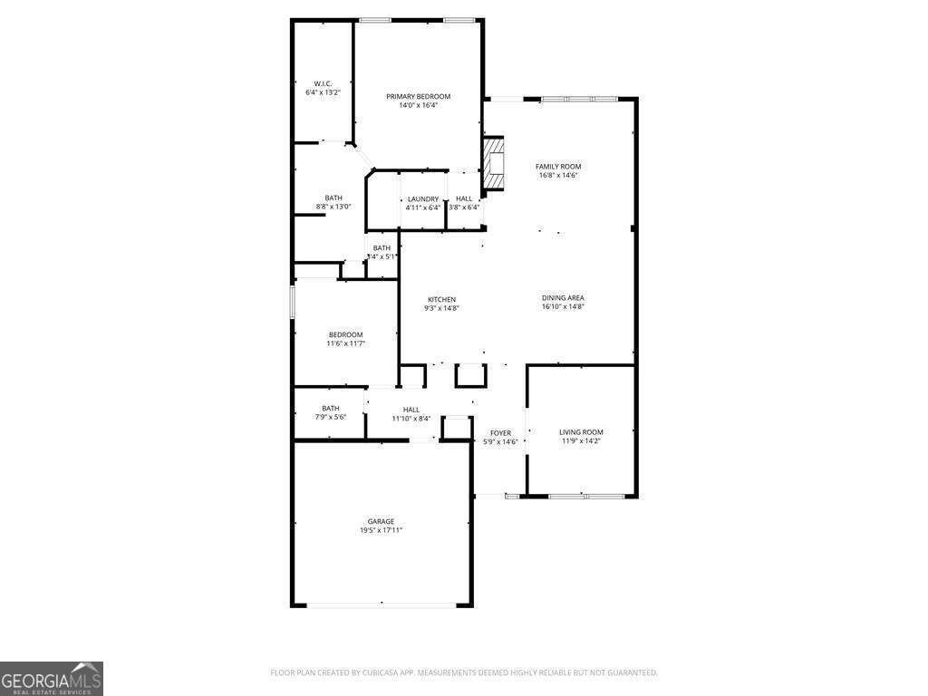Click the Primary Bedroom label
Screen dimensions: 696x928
point(418,96)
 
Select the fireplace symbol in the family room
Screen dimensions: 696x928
point(493,163)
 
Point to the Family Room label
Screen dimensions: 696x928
point(558,167)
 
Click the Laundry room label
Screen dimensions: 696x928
point(423,199)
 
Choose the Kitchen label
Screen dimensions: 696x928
point(442,299)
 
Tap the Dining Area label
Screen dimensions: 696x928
point(563,298)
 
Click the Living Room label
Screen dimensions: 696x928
point(581,432)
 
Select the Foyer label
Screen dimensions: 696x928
point(500,433)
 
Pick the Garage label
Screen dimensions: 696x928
point(381,521)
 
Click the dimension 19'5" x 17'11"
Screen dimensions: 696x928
point(381,530)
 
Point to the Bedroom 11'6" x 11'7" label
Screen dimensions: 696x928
point(345,334)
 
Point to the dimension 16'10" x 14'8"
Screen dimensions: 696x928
point(563,307)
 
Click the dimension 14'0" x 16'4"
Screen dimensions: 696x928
point(418,105)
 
